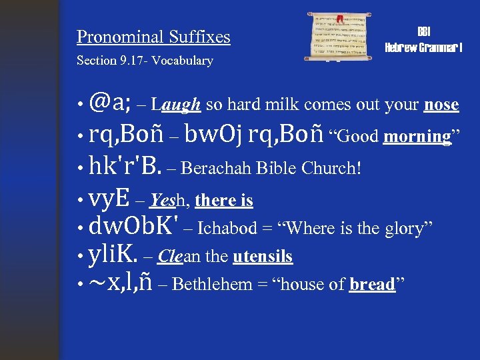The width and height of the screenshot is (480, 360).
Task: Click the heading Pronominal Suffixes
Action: [x=153, y=37]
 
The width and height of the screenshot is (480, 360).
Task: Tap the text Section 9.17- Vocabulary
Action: [x=145, y=61]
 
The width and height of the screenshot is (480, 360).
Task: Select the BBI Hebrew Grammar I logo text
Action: [x=424, y=40]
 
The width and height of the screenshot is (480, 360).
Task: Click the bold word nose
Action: [x=441, y=105]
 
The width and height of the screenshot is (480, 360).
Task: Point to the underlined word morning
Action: [x=417, y=137]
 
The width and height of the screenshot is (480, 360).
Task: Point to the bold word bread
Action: [x=372, y=285]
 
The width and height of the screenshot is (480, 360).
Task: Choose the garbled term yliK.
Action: [x=113, y=255]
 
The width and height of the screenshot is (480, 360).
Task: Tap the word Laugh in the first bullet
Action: [x=176, y=105]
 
